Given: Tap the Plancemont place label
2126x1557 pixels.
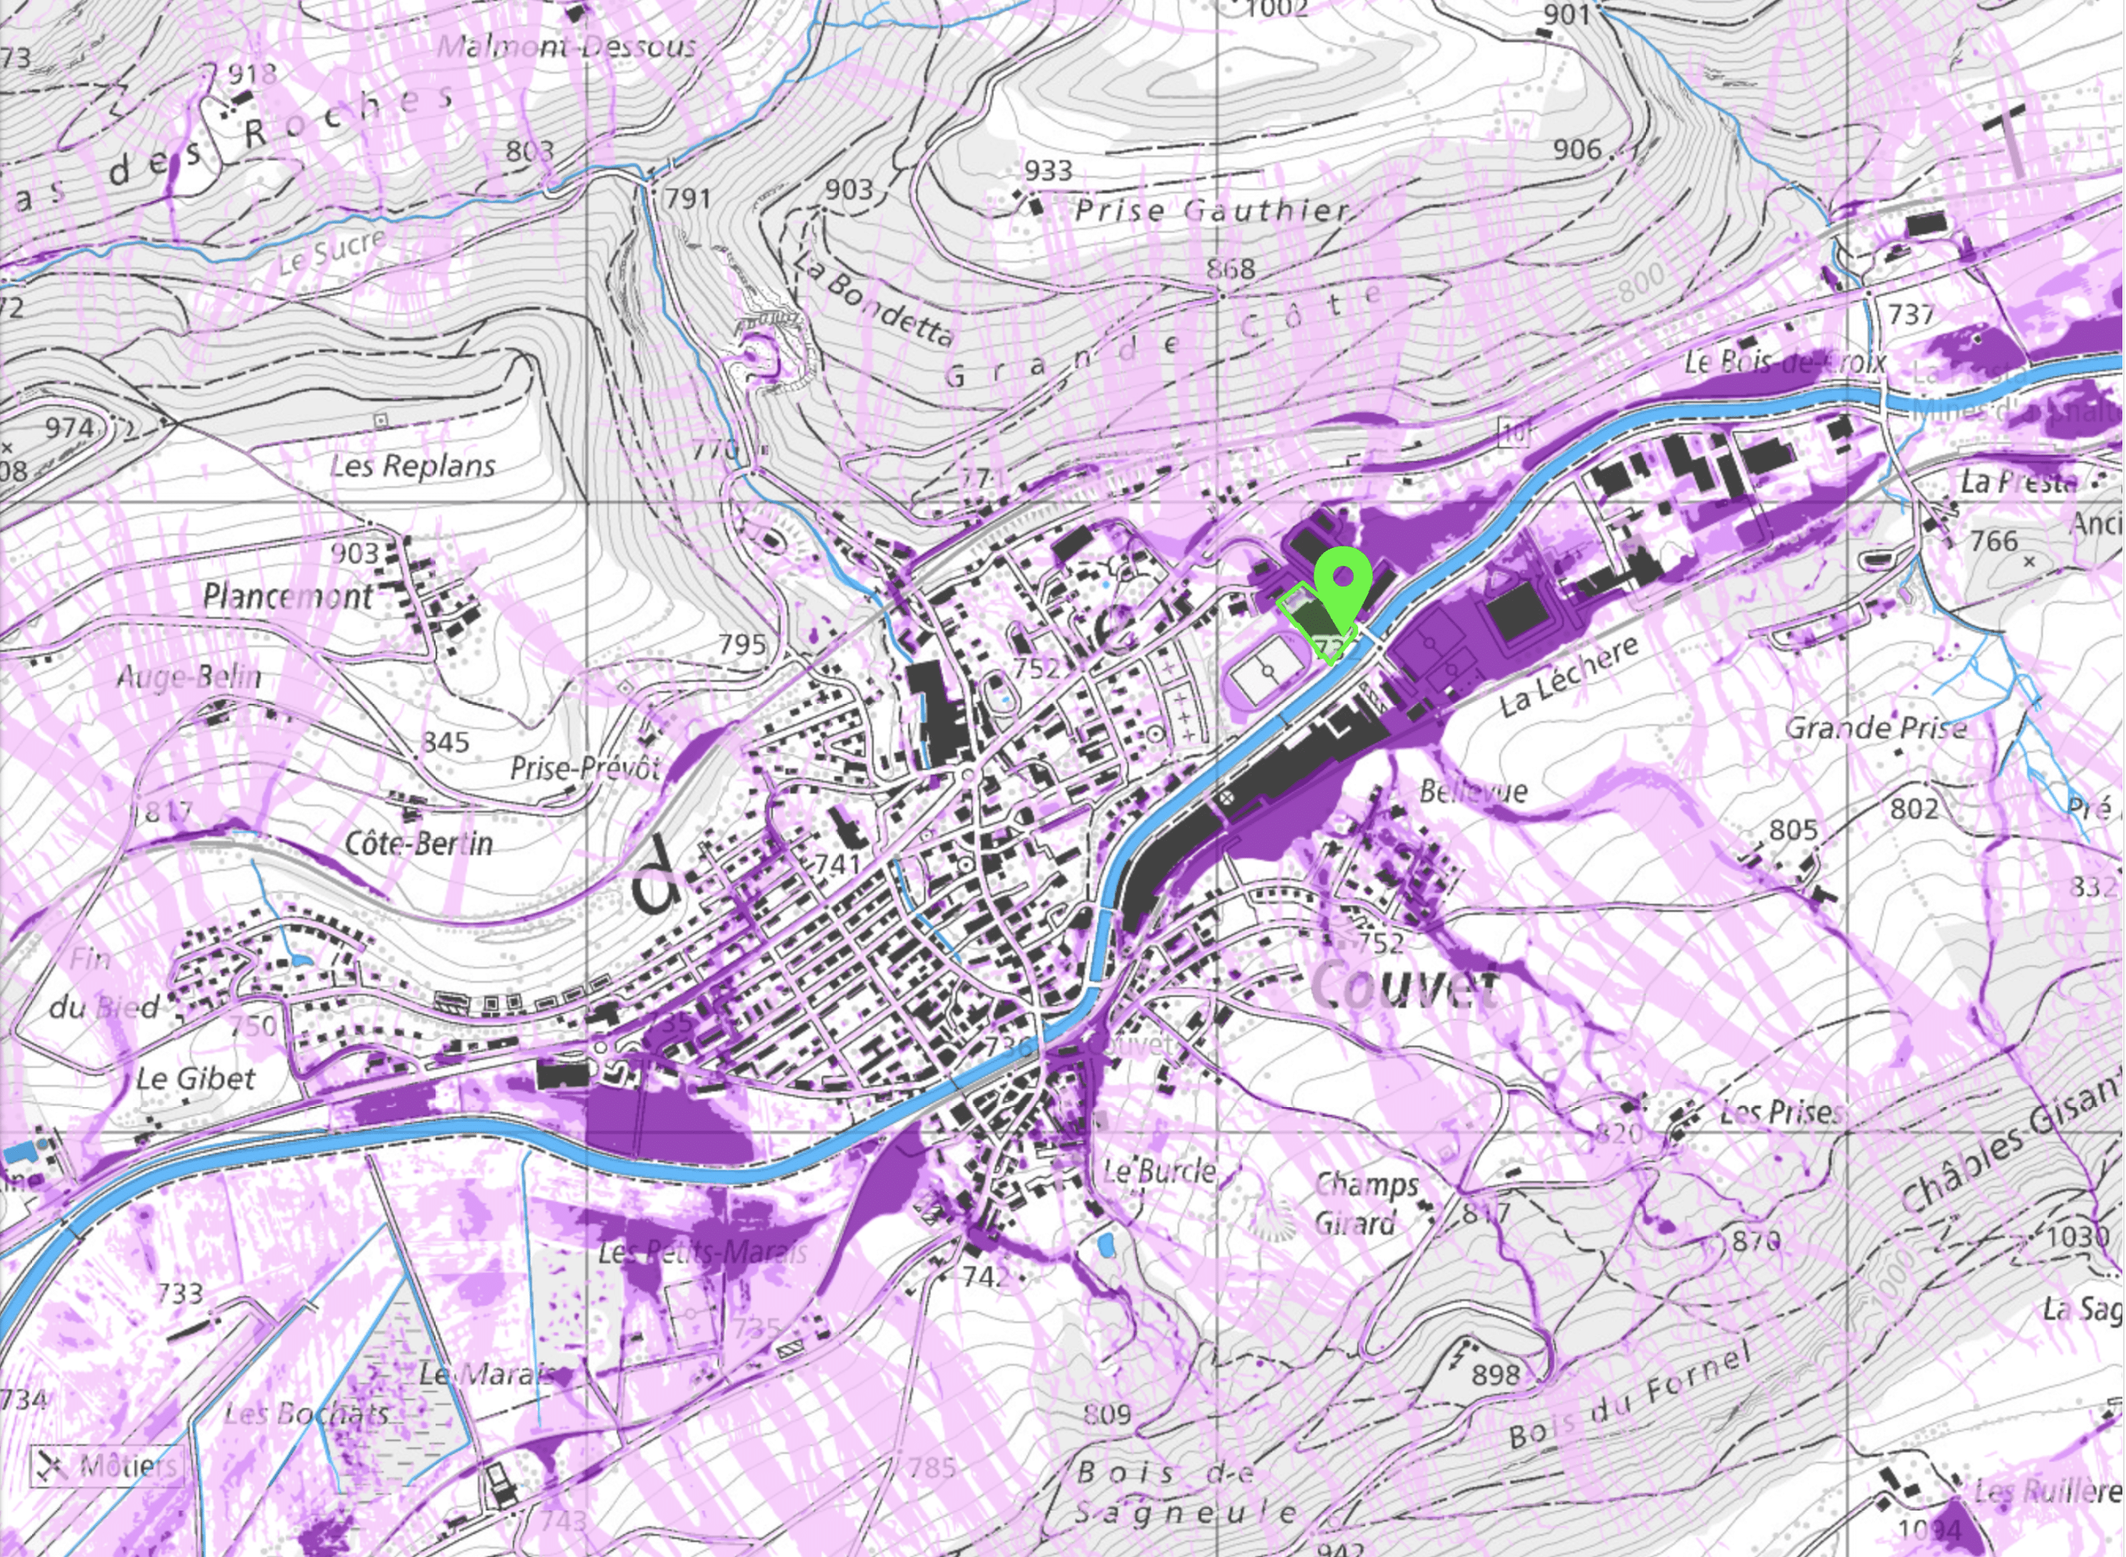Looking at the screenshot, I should (287, 596).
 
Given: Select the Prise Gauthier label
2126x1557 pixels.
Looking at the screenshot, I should (1213, 209).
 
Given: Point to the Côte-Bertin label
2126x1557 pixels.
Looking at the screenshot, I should (419, 842).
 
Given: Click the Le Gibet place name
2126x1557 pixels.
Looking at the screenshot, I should (195, 1078).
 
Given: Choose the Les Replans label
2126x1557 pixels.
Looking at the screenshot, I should (413, 466).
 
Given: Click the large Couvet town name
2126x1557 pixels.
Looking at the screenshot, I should (1403, 987).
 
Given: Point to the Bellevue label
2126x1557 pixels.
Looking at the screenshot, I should (1473, 791).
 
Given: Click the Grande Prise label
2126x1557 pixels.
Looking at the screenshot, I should (1875, 728).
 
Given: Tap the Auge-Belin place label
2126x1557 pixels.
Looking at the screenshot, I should (189, 677).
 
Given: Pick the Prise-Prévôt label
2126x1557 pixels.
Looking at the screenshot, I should (585, 768).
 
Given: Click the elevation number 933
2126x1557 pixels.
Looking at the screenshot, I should (1048, 170).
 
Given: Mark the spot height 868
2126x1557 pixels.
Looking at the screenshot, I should (1231, 269).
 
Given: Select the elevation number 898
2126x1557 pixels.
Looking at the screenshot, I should (1496, 1375).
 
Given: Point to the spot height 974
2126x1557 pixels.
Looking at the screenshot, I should (69, 428).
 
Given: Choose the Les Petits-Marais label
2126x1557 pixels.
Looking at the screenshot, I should (703, 1253).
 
